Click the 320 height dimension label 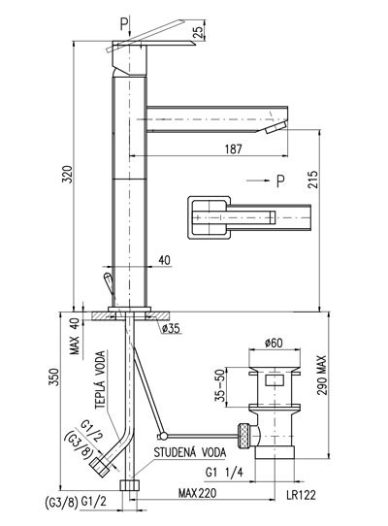click(x=67, y=174)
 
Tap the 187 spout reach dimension click(x=233, y=148)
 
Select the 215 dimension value click(x=312, y=180)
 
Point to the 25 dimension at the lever click(x=199, y=32)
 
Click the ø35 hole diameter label click(x=171, y=328)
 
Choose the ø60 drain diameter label click(x=274, y=343)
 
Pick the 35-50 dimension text click(x=220, y=386)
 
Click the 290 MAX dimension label click(x=322, y=375)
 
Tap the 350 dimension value click(x=54, y=378)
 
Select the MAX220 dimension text click(x=197, y=493)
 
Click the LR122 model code click(x=301, y=495)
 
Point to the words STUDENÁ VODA click(x=190, y=452)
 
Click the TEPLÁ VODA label click(x=100, y=379)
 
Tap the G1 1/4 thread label click(x=224, y=473)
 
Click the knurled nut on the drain click(x=244, y=436)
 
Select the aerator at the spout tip click(x=275, y=128)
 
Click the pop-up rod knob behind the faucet click(x=109, y=280)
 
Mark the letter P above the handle click(x=124, y=24)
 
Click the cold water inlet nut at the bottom click(x=129, y=485)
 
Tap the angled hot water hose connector click(x=101, y=466)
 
